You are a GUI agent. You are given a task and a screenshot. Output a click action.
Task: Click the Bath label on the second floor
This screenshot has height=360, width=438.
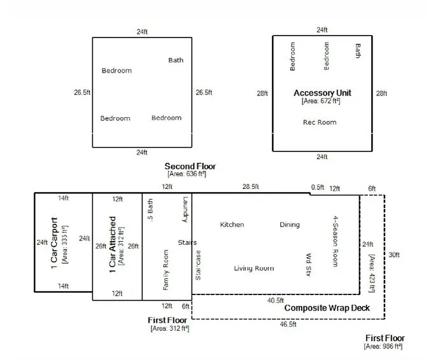(176, 60)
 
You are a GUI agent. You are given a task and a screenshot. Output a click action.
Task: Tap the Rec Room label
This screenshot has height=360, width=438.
(319, 122)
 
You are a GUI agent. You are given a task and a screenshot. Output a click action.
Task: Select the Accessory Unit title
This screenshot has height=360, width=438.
(322, 93)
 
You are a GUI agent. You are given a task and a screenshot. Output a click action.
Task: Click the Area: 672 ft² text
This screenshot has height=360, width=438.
(322, 100)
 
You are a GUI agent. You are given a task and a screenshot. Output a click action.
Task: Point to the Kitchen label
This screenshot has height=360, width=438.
(232, 225)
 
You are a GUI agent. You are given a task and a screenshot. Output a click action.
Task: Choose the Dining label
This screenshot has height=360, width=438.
(290, 225)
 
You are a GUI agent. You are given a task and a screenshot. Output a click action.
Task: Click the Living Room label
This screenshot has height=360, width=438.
(254, 268)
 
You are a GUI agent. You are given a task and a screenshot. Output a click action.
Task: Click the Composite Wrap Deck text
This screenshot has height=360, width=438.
(327, 308)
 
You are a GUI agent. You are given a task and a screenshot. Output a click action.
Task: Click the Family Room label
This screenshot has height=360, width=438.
(166, 270)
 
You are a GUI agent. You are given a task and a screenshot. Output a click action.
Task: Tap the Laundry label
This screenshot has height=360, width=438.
(186, 209)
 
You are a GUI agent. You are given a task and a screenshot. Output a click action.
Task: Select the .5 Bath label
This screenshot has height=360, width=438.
(150, 209)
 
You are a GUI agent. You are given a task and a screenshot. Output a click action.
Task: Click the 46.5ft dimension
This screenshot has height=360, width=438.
(287, 324)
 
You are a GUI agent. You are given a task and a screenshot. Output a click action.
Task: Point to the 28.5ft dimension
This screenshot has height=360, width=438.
(250, 187)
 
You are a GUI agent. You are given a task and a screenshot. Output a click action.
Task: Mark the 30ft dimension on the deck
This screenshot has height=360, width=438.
(394, 254)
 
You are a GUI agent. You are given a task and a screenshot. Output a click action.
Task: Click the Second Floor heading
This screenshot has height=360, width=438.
(190, 166)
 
